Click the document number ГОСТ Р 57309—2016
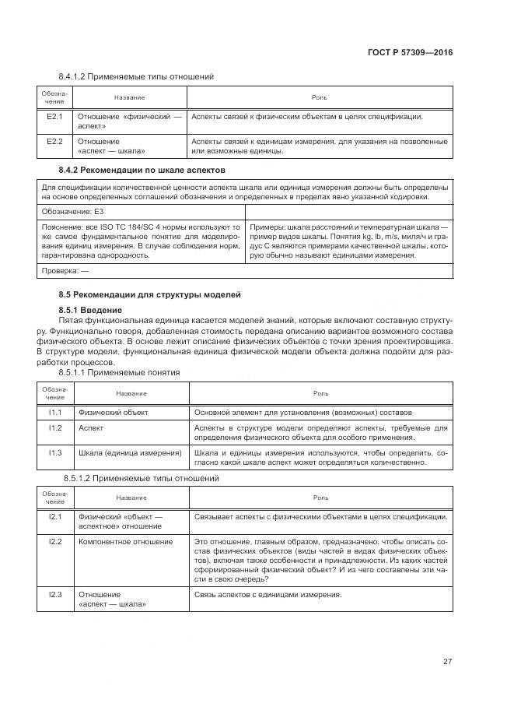click(410, 52)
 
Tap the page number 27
click(447, 662)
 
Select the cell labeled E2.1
click(54, 117)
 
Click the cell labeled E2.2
click(54, 142)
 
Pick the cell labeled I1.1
click(54, 412)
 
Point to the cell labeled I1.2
click(54, 428)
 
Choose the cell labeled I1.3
click(54, 452)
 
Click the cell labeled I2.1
click(54, 517)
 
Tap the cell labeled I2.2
click(54, 541)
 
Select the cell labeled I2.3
click(54, 595)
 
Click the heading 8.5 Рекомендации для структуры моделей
click(150, 295)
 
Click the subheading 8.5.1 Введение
click(90, 310)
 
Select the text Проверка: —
click(65, 271)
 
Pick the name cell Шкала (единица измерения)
click(130, 452)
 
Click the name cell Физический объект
click(114, 412)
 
